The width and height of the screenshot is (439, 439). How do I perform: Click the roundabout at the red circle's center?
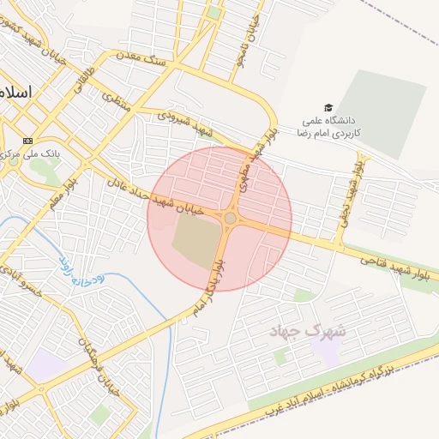230,219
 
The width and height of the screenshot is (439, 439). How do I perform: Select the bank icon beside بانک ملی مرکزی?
28,140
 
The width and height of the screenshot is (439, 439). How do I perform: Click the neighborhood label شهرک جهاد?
306,331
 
